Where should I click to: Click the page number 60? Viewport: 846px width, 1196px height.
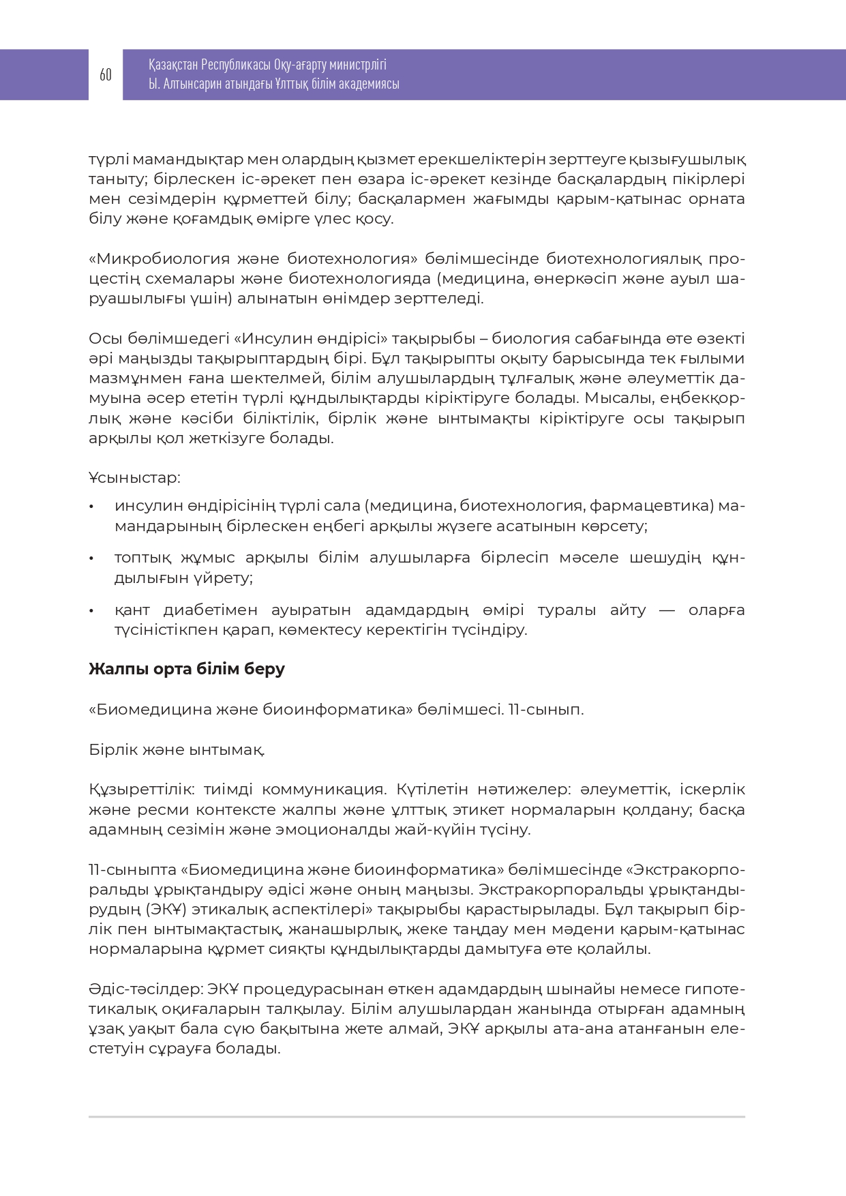point(106,75)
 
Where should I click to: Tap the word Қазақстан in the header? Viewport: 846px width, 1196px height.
point(173,65)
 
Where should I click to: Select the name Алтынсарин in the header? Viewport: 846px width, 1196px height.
point(194,84)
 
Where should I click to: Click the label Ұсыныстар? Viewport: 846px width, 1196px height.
point(134,478)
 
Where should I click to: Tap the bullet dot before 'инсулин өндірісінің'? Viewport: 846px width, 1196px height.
point(92,507)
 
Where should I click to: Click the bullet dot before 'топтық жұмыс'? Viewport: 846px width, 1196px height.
point(92,558)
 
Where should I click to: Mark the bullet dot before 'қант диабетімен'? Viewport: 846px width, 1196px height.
point(92,610)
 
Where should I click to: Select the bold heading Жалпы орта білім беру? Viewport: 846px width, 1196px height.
point(187,669)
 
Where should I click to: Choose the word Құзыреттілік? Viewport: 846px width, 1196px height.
point(142,790)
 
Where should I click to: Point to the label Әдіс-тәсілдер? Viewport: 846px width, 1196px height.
point(145,989)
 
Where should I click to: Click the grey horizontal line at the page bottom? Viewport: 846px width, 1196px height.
point(417,1117)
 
